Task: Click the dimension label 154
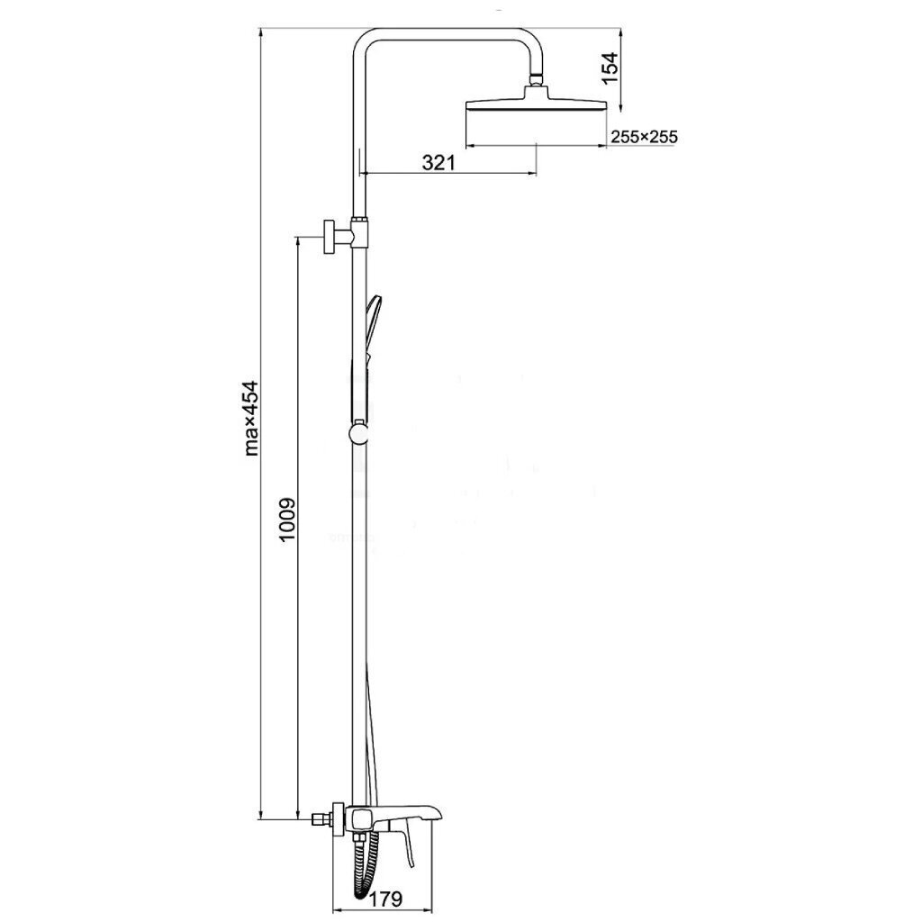click(x=611, y=68)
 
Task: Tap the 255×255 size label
click(x=644, y=137)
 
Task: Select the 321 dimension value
click(x=438, y=162)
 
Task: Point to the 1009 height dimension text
click(x=286, y=520)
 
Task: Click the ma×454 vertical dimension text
click(x=251, y=418)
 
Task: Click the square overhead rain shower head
click(x=536, y=102)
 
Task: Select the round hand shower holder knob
click(x=358, y=433)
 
